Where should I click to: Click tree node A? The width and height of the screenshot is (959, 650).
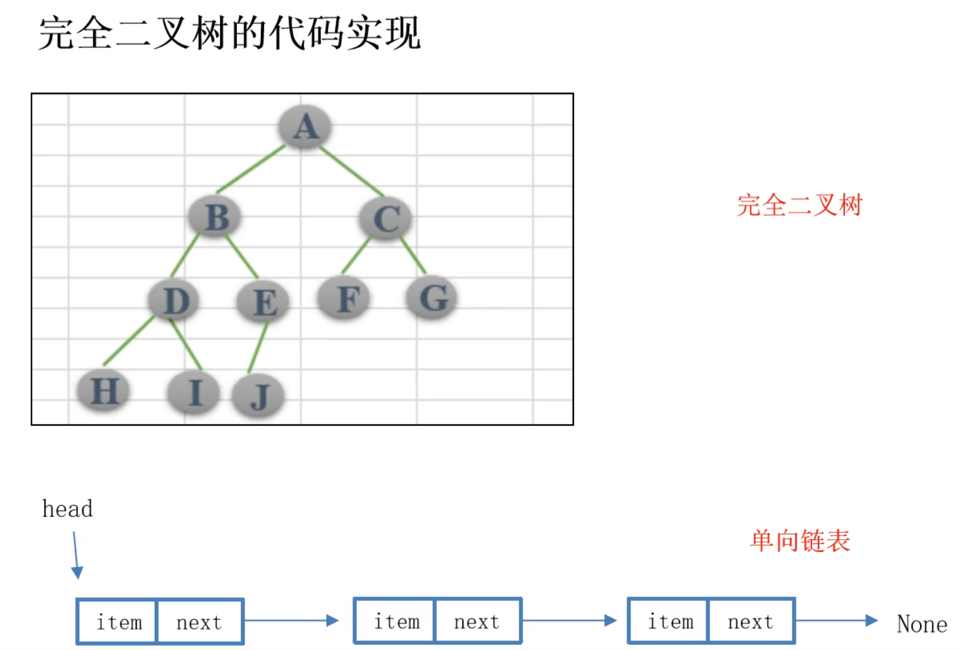click(305, 127)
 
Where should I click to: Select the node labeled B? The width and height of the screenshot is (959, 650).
click(215, 217)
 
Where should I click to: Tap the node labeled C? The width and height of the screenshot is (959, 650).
click(386, 218)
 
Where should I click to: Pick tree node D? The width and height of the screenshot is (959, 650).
click(175, 300)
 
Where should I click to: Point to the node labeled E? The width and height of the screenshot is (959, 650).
click(263, 302)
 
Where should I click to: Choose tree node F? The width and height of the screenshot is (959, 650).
click(344, 299)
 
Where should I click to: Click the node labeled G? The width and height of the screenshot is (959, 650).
click(432, 297)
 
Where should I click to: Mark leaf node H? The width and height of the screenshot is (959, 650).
click(104, 391)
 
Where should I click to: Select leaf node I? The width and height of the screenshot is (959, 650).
click(194, 393)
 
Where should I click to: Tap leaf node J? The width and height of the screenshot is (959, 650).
click(258, 396)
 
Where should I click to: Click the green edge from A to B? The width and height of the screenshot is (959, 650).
click(251, 169)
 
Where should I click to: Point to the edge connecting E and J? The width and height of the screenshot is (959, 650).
click(258, 348)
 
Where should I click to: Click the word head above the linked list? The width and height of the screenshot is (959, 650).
click(67, 509)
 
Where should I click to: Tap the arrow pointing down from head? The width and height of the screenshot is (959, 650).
click(76, 555)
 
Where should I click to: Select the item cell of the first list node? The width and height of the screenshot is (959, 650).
click(119, 622)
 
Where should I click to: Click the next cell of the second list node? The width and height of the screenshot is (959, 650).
click(477, 622)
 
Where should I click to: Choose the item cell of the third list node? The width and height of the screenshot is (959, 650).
click(670, 622)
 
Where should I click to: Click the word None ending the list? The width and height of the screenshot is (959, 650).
click(922, 624)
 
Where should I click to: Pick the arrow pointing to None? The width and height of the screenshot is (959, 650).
click(837, 621)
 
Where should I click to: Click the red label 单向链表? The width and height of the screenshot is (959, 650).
click(799, 541)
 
